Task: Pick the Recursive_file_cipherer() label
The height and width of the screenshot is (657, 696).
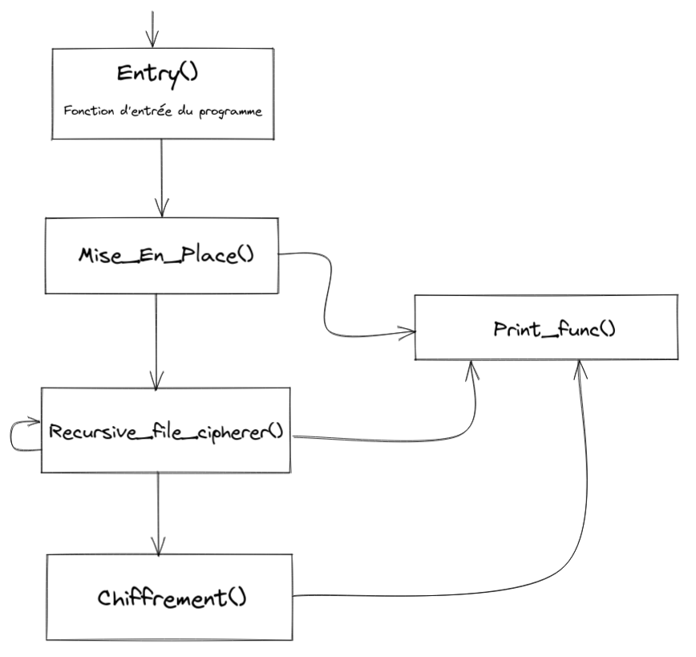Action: [x=166, y=431]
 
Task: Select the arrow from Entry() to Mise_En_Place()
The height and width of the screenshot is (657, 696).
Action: [x=162, y=176]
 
